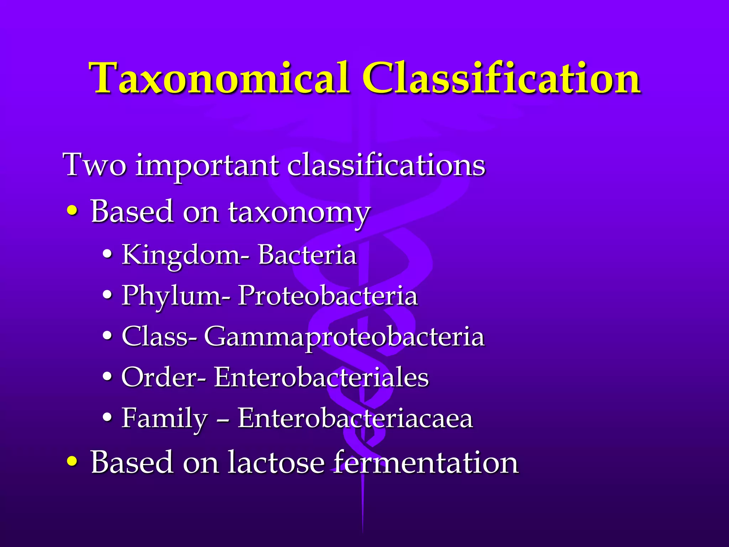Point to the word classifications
click(386, 165)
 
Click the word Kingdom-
click(185, 256)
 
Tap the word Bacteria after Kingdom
click(307, 255)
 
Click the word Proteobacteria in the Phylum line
click(327, 296)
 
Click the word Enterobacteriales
click(321, 377)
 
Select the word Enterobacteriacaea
click(355, 418)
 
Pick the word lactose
click(276, 462)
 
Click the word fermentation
click(425, 462)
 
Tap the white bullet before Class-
click(107, 337)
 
